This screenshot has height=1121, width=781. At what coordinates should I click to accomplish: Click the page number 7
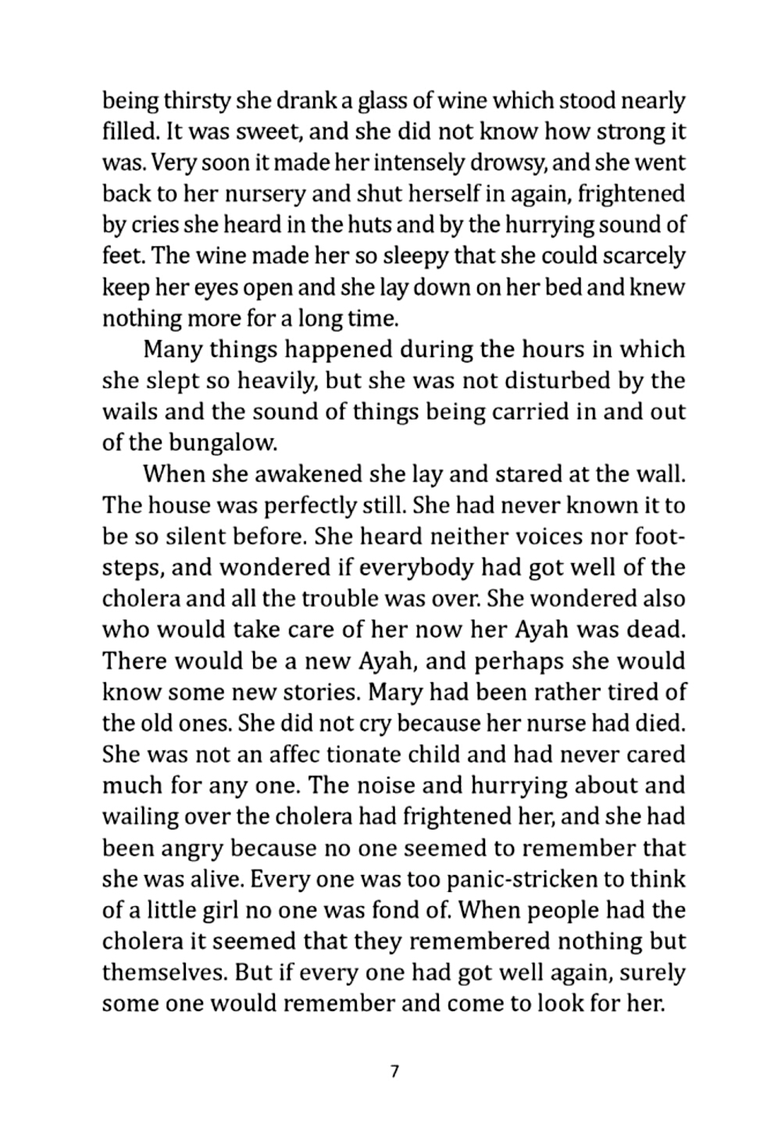[x=394, y=1071]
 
